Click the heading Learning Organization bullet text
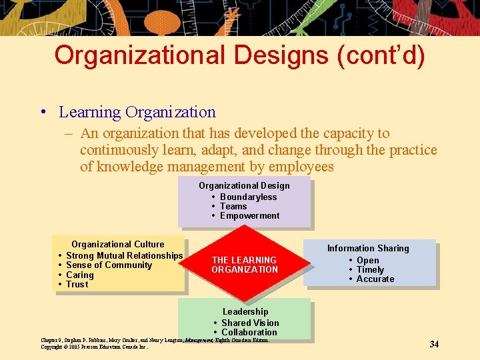pos(137,112)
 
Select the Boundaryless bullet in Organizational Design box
pos(248,197)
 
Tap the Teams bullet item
pos(233,206)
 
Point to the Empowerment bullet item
pos(249,215)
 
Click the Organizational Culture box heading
pos(117,244)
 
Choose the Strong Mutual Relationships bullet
pos(124,255)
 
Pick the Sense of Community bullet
pos(109,265)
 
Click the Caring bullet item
pos(80,275)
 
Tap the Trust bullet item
pos(77,284)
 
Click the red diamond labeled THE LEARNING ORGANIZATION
pos(245,265)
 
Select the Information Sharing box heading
pos(368,248)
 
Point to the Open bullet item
pos(367,260)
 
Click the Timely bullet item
pos(370,269)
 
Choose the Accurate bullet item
pos(375,279)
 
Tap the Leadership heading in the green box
pos(245,311)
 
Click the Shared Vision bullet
pos(250,323)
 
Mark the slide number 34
pos(434,344)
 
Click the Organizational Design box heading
pos(244,185)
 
